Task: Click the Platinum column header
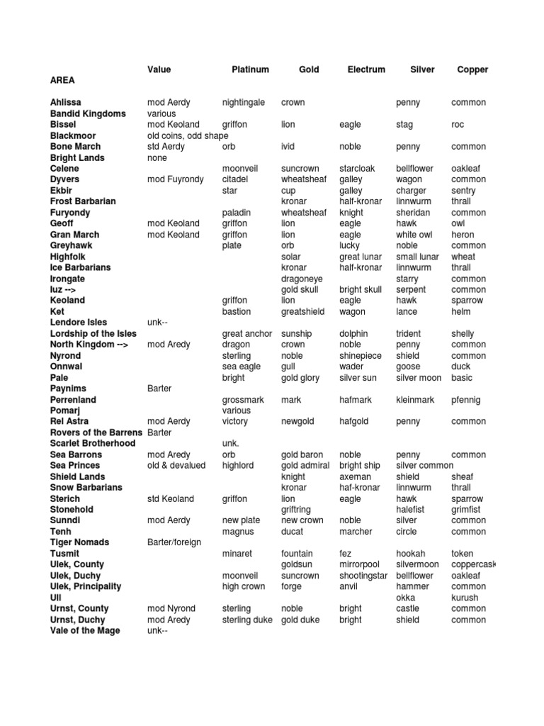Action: [x=250, y=69]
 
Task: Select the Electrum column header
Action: [x=366, y=69]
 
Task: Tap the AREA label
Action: [x=62, y=81]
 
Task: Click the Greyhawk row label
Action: [x=72, y=246]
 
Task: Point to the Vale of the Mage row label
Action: [x=85, y=631]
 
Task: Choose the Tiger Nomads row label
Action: [x=79, y=542]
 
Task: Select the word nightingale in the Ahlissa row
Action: [x=244, y=103]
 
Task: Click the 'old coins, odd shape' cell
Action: [x=188, y=135]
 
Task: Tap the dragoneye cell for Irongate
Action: [x=302, y=279]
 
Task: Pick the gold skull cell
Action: [x=300, y=290]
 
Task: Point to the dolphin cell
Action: [x=353, y=334]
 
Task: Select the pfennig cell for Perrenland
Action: [x=465, y=400]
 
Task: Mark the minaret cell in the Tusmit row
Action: [x=238, y=554]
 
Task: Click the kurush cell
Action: [x=465, y=598]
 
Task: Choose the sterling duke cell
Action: [x=247, y=620]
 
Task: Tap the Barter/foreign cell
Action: [x=174, y=542]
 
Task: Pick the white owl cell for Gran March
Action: [x=414, y=235]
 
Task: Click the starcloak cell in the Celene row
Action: [x=357, y=169]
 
